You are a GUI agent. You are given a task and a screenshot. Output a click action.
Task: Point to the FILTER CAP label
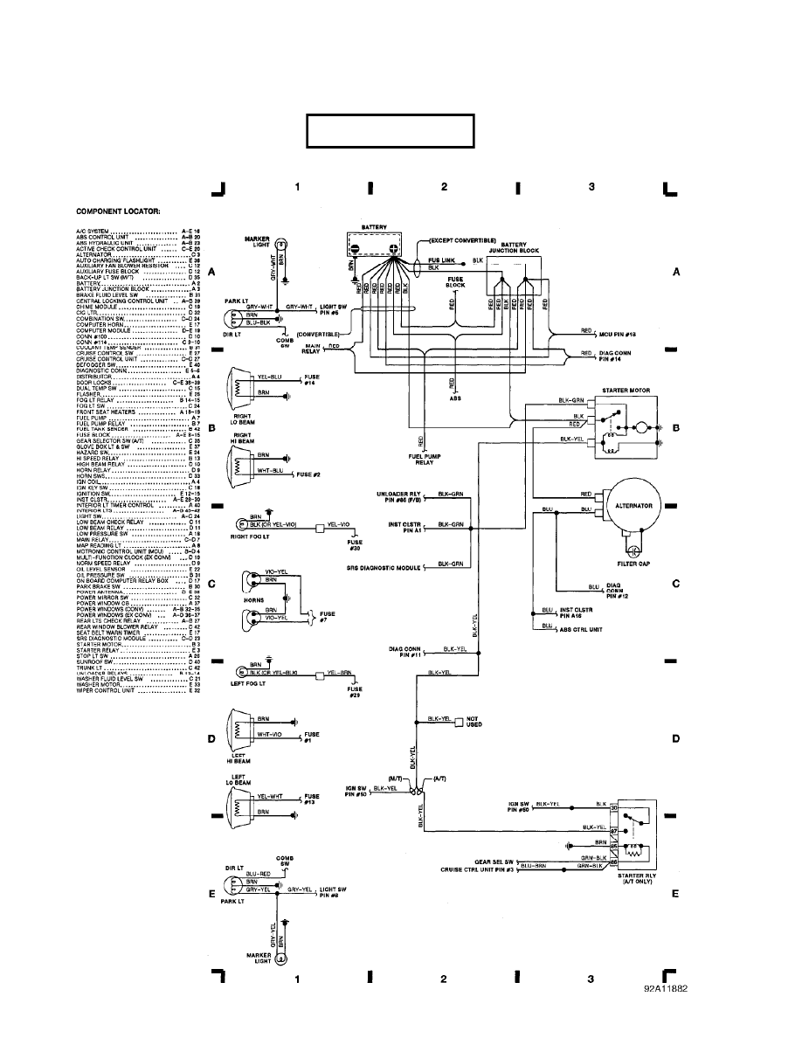coord(633,564)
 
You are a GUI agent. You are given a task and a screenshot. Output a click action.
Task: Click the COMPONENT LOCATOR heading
coord(111,211)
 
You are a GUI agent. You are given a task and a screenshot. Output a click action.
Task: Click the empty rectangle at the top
coord(390,131)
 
